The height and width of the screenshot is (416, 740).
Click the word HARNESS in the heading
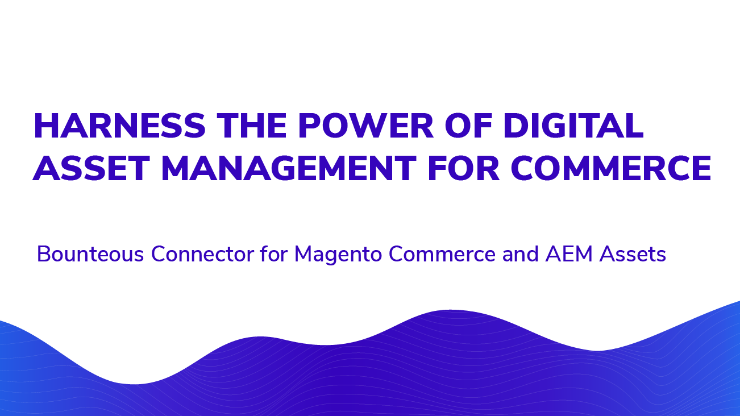pyautogui.click(x=119, y=126)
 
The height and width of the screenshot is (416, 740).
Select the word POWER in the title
pyautogui.click(x=365, y=126)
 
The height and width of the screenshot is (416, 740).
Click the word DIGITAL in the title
pyautogui.click(x=573, y=126)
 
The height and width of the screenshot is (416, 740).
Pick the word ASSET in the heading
pyautogui.click(x=91, y=168)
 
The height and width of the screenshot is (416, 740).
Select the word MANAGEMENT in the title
pyautogui.click(x=289, y=168)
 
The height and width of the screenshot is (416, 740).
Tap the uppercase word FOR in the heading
pyautogui.click(x=463, y=168)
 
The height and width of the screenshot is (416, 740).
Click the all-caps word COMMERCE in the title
pyautogui.click(x=611, y=168)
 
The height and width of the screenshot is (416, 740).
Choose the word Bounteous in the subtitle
pyautogui.click(x=90, y=254)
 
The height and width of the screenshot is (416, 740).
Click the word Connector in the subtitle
pyautogui.click(x=202, y=254)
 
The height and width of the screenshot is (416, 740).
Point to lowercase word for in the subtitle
pyautogui.click(x=274, y=254)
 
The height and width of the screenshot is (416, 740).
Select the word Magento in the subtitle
pyautogui.click(x=338, y=255)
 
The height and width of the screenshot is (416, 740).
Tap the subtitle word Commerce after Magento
pyautogui.click(x=442, y=254)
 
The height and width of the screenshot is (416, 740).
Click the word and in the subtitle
pyautogui.click(x=521, y=254)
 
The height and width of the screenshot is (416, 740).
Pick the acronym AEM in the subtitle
pyautogui.click(x=569, y=254)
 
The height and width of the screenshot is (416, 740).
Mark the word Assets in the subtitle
pyautogui.click(x=633, y=254)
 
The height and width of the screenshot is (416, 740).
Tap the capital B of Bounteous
pyautogui.click(x=44, y=254)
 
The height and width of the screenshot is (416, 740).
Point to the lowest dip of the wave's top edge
pyautogui.click(x=134, y=384)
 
